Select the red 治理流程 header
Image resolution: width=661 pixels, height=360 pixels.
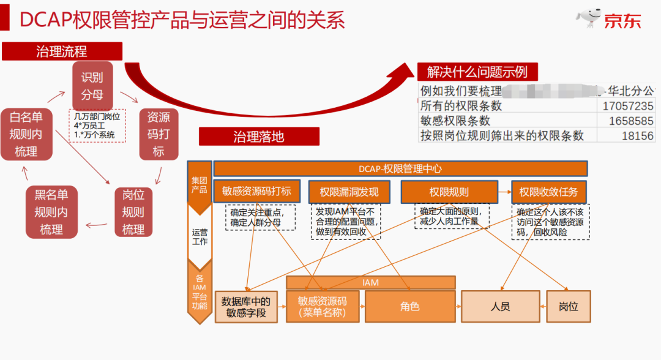click(62, 51)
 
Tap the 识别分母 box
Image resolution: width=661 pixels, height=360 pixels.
click(92, 86)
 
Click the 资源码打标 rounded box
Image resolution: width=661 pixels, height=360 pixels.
click(159, 133)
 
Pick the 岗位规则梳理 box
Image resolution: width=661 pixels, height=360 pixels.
click(133, 212)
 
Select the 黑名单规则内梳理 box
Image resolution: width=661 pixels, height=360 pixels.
click(51, 212)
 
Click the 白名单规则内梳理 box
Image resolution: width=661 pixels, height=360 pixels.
click(26, 133)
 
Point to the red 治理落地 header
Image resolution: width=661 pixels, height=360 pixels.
click(259, 136)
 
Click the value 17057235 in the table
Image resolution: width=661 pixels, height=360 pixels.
click(627, 106)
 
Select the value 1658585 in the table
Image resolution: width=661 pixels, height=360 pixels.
click(630, 121)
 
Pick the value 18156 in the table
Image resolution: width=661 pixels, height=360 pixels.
click(638, 135)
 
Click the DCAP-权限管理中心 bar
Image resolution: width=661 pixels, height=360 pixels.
click(400, 168)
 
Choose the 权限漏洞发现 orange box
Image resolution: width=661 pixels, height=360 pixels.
click(349, 192)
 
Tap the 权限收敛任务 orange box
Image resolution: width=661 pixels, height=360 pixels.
click(548, 192)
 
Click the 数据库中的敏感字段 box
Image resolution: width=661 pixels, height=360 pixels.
click(246, 307)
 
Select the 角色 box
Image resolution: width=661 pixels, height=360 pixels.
click(410, 306)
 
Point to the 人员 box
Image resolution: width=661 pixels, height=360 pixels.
click(500, 306)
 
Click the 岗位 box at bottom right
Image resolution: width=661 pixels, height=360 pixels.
click(569, 306)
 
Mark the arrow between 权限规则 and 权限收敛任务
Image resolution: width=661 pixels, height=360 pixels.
click(504, 192)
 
